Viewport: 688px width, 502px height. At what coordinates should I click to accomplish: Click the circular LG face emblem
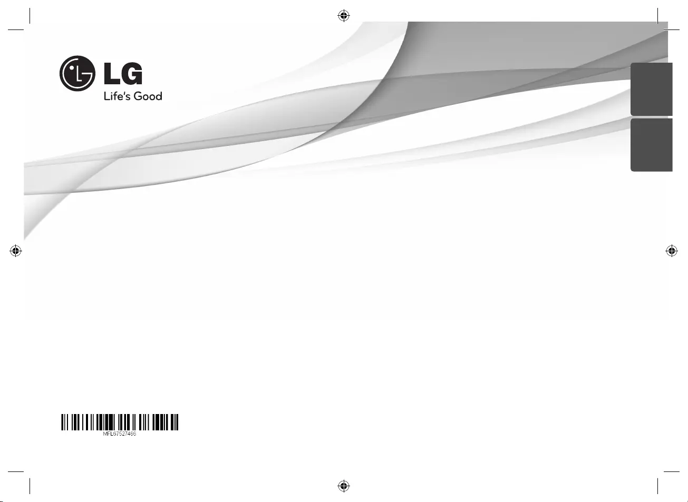pyautogui.click(x=77, y=73)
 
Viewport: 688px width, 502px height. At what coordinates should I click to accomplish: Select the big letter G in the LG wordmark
pyautogui.click(x=132, y=73)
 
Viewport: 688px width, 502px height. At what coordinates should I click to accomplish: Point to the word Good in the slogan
pyautogui.click(x=148, y=96)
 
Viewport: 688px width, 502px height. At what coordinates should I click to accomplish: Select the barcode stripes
pyautogui.click(x=120, y=422)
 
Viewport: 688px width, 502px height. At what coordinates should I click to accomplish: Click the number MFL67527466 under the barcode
pyautogui.click(x=120, y=434)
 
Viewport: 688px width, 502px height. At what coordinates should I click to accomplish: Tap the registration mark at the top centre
pyautogui.click(x=344, y=15)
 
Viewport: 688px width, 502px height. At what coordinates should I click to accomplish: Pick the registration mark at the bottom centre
pyautogui.click(x=344, y=486)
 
